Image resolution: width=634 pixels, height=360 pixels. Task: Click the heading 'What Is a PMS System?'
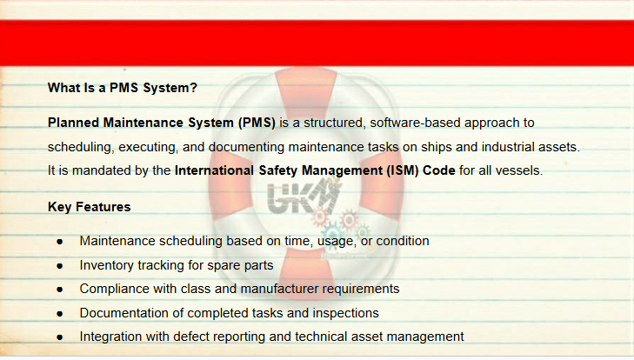click(x=122, y=88)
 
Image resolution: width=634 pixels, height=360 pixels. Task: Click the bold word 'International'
click(x=214, y=170)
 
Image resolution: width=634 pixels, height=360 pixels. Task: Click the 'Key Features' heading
click(x=90, y=207)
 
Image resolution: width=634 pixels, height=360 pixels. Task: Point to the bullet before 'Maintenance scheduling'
click(x=60, y=242)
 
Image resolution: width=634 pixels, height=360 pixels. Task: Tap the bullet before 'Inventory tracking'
click(x=60, y=266)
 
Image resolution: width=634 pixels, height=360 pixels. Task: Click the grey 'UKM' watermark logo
click(x=304, y=197)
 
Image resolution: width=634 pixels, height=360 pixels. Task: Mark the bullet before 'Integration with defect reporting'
click(x=60, y=337)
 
